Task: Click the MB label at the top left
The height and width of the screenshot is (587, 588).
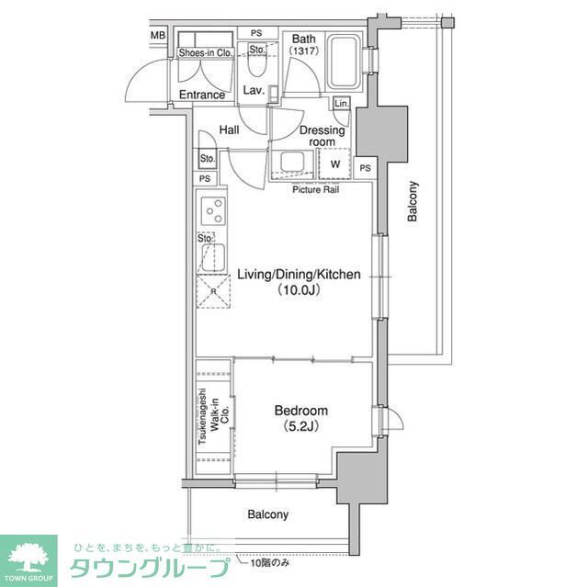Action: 157,36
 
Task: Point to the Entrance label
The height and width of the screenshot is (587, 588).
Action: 202,95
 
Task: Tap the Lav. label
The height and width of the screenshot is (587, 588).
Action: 254,90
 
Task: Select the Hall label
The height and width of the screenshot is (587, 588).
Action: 230,130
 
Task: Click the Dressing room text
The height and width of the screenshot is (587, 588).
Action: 322,136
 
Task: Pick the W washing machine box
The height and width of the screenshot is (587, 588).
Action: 334,164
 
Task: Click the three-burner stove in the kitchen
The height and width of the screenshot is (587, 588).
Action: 214,211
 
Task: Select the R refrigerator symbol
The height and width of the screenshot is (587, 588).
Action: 214,292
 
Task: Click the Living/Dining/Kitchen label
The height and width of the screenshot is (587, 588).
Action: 298,281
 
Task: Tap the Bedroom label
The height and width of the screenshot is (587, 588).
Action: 300,418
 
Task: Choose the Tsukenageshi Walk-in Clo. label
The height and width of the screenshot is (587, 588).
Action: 213,418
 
